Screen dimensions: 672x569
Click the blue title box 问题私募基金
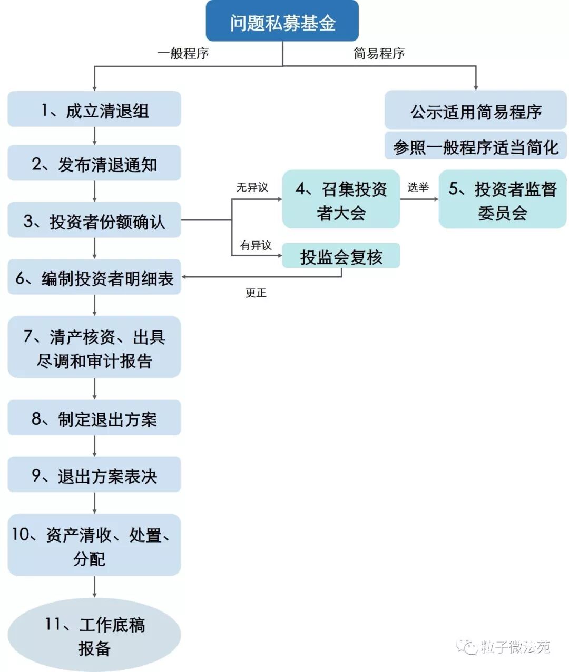(282, 22)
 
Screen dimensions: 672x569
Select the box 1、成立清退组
(94, 109)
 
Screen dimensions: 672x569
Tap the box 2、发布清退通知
(94, 164)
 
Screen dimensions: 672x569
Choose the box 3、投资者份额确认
(94, 220)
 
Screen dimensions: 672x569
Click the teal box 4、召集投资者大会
(341, 199)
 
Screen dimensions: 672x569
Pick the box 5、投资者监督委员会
(502, 199)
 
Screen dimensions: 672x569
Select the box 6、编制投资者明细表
(94, 277)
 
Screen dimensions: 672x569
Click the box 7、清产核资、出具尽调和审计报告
(94, 347)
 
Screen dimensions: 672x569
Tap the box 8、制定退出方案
(94, 418)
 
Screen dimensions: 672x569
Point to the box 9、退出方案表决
(94, 475)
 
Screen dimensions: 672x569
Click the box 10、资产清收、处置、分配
(94, 545)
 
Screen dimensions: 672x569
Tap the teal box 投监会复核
(341, 256)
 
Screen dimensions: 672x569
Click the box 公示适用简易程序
(476, 111)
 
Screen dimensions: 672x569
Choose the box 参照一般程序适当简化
(476, 146)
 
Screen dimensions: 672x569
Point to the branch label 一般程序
(183, 54)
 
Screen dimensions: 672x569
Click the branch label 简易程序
(379, 54)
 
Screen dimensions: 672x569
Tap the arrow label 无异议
(252, 187)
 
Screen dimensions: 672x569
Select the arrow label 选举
(418, 187)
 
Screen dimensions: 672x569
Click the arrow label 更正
(256, 293)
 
